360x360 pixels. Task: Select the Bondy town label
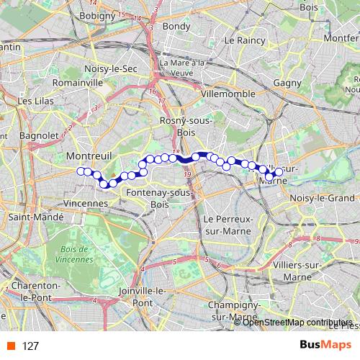pyautogui.click(x=177, y=27)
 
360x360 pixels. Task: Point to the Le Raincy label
pyautogui.click(x=246, y=41)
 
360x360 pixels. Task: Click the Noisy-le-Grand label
pyautogui.click(x=322, y=198)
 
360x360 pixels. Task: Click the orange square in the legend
pyautogui.click(x=10, y=346)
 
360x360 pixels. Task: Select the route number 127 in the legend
pyautogui.click(x=31, y=346)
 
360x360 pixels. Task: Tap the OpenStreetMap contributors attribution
pyautogui.click(x=297, y=322)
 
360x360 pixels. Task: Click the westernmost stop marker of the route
pyautogui.click(x=80, y=171)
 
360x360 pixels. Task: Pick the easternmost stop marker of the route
pyautogui.click(x=278, y=172)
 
